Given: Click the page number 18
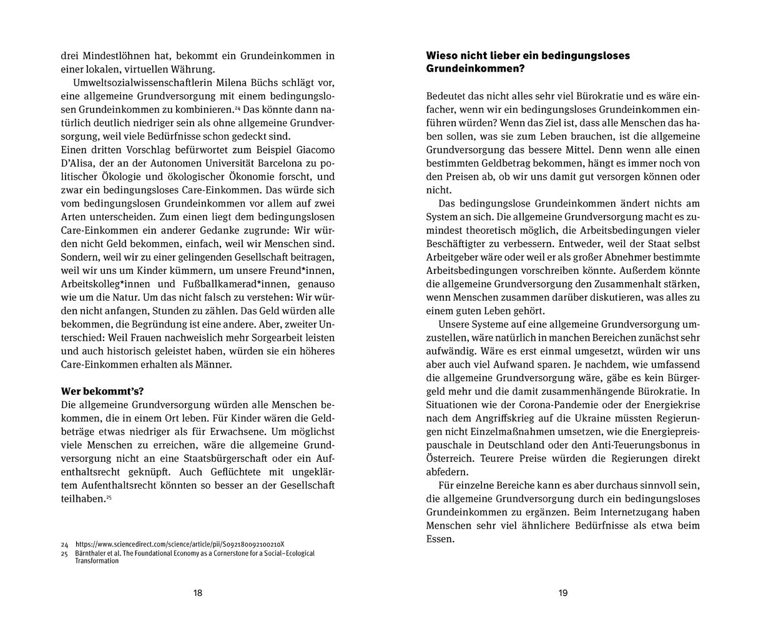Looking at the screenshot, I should tap(198, 593).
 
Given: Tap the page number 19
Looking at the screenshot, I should tap(562, 593).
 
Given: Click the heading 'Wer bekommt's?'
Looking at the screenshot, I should tap(102, 392).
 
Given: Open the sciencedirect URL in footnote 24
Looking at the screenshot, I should tap(184, 544).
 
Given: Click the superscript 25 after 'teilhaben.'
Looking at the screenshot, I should tap(108, 497).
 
